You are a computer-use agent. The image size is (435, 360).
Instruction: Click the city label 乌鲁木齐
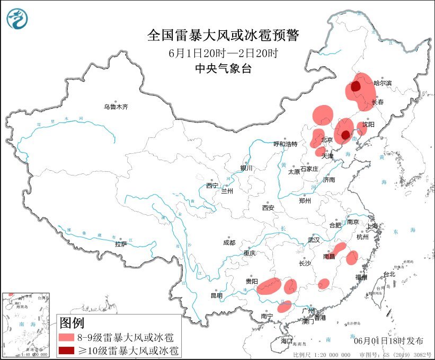click(116, 107)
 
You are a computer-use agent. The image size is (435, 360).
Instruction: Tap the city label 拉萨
click(121, 244)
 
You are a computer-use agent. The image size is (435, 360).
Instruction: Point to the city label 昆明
click(216, 295)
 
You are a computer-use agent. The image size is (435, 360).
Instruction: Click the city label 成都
click(229, 242)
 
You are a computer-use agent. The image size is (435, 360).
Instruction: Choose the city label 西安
click(268, 208)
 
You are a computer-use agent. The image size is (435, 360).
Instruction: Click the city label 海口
click(287, 340)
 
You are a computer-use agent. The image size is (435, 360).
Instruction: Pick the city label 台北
click(389, 274)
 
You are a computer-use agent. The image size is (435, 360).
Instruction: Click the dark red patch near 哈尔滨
click(356, 86)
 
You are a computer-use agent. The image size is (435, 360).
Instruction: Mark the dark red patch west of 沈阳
click(345, 135)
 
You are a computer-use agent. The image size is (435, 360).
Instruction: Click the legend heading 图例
click(72, 322)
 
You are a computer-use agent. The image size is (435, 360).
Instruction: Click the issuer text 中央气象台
click(223, 68)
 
